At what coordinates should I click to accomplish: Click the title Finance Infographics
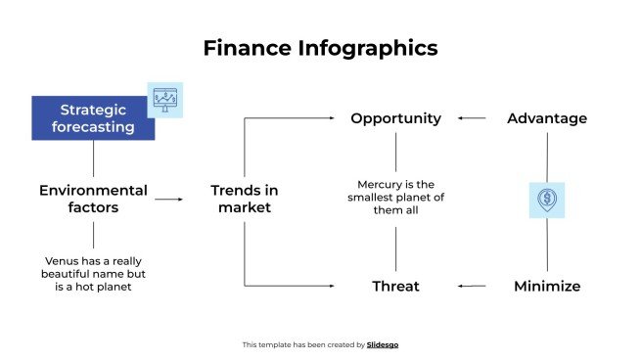[320, 48]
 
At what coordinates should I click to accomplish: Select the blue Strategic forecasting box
[92, 118]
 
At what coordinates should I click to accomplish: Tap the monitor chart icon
[164, 100]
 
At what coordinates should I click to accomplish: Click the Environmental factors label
[93, 199]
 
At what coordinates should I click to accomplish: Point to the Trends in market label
[245, 199]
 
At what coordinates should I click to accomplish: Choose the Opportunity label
[395, 118]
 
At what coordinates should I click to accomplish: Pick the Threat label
[395, 287]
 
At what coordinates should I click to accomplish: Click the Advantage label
[547, 118]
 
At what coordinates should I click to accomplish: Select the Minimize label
[547, 287]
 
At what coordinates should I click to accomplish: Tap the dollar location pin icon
[547, 200]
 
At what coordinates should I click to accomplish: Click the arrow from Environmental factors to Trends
[168, 199]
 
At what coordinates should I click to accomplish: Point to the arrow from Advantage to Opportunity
[472, 118]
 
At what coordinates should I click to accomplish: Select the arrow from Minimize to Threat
[472, 287]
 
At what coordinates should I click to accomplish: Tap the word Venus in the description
[63, 261]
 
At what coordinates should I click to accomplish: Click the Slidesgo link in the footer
[383, 344]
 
